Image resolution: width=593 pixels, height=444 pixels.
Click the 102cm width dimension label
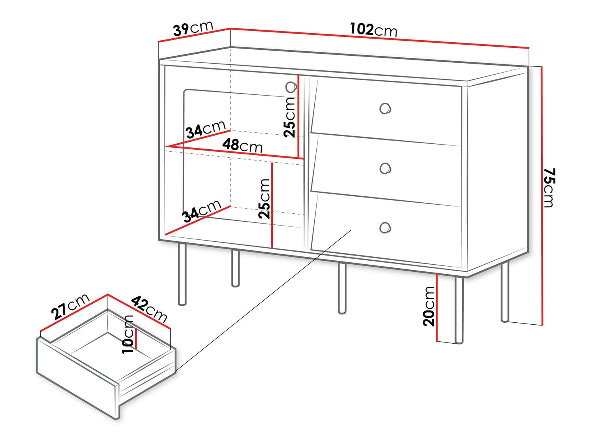click(373, 30)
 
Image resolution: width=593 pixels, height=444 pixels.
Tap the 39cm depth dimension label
click(193, 29)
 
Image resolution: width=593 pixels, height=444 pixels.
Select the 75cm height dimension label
click(549, 187)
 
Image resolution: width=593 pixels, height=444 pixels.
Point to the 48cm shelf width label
click(242, 146)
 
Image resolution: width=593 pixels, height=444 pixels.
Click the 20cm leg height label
click(429, 306)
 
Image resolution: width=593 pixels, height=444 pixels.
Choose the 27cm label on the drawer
click(70, 307)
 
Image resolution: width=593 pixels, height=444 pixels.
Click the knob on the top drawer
click(385, 108)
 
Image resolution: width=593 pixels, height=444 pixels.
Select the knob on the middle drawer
click(385, 169)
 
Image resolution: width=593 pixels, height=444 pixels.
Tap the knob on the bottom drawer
click(385, 228)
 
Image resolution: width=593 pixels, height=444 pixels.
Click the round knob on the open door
click(291, 87)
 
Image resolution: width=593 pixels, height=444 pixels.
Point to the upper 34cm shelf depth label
click(205, 129)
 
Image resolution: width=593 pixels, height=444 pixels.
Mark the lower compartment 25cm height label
click(264, 199)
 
